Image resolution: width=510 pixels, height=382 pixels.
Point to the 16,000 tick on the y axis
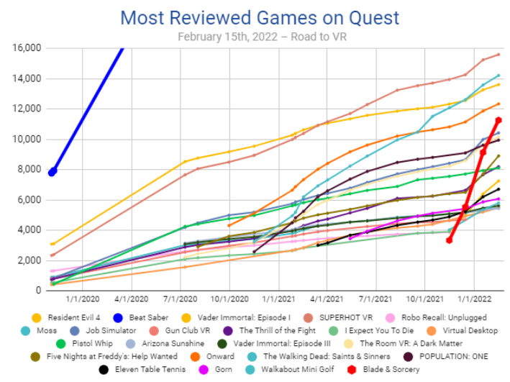(25, 48)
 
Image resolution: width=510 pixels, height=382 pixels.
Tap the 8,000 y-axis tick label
(29, 169)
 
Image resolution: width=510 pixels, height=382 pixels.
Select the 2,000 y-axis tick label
(29, 260)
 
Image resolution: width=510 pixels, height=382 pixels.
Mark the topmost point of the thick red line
(498, 120)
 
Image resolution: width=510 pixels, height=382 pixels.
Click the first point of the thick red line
(449, 240)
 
